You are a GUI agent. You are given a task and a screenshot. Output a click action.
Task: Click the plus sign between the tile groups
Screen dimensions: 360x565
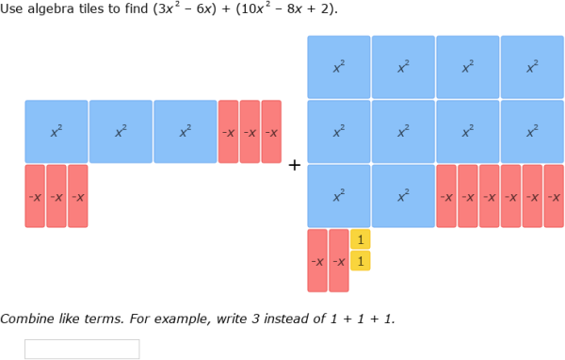(294, 166)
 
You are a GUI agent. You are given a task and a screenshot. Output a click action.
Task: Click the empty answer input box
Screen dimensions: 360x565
(82, 349)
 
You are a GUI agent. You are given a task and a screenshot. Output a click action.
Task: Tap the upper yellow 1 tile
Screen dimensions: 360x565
(360, 239)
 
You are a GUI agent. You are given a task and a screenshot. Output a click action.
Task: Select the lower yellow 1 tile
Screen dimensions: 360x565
(360, 260)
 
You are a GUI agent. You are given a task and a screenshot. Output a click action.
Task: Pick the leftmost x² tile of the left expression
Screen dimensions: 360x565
(56, 132)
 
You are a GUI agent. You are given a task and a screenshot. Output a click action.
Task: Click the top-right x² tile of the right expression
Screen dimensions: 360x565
(532, 67)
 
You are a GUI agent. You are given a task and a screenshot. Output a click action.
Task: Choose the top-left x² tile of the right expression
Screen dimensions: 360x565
(339, 67)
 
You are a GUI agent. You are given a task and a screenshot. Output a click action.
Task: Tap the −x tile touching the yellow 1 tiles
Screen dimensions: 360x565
(339, 260)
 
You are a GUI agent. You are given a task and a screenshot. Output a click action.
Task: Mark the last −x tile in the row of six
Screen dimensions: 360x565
(554, 196)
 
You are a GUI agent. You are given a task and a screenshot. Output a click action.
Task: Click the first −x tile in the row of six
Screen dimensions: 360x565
(446, 196)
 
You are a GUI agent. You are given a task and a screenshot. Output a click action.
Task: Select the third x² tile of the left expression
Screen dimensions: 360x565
(186, 132)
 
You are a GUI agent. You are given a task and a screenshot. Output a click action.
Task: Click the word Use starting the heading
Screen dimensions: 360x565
(11, 9)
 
